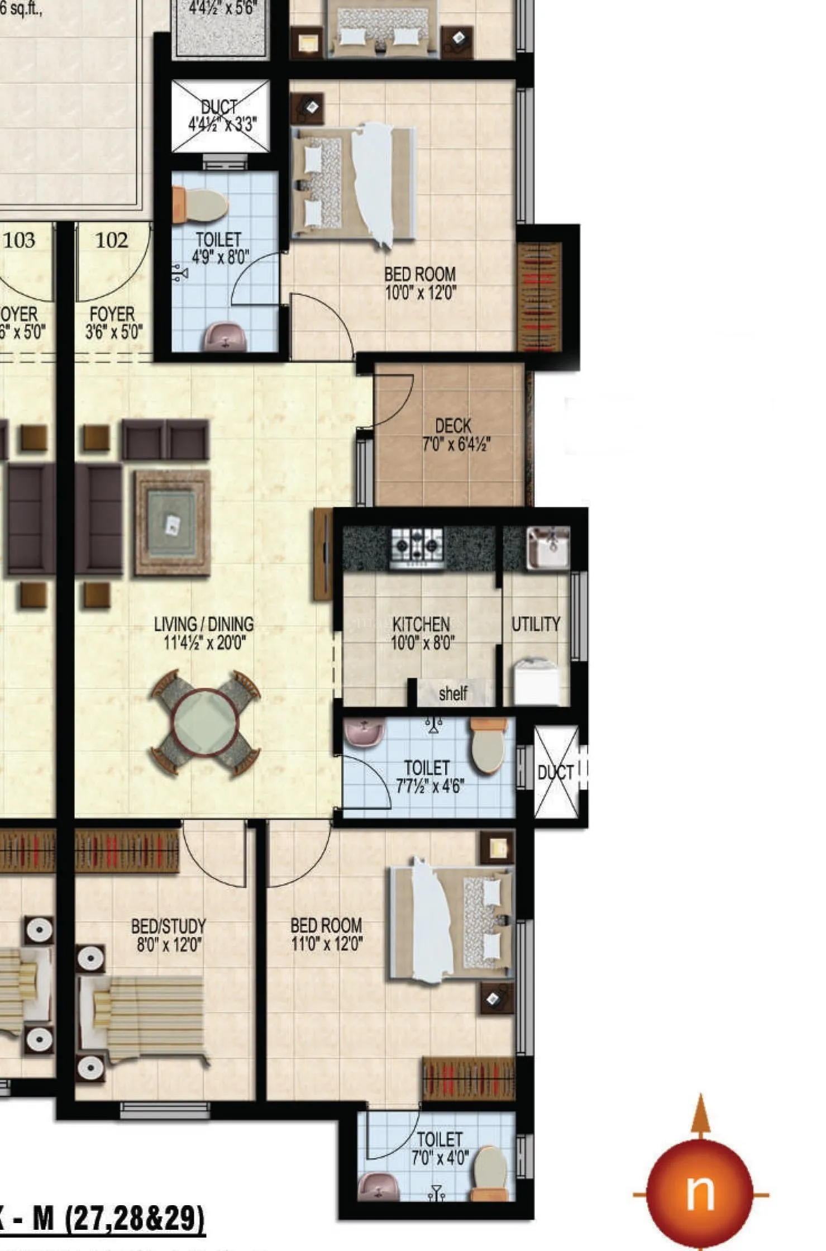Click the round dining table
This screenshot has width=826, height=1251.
(x=205, y=722)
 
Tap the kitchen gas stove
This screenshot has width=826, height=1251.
(x=417, y=547)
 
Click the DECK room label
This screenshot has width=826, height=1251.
(x=453, y=426)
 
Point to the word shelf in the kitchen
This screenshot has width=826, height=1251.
(x=453, y=693)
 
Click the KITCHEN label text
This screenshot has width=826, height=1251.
(x=421, y=624)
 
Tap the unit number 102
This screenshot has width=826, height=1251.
(x=112, y=240)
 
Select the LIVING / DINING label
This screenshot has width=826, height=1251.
(x=204, y=624)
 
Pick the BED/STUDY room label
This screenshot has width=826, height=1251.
(x=168, y=926)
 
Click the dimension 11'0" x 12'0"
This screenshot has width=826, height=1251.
(x=327, y=945)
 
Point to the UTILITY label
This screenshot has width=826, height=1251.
(x=536, y=624)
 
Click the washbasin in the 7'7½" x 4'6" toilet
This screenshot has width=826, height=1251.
(x=364, y=732)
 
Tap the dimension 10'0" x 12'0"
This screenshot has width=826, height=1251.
(x=421, y=292)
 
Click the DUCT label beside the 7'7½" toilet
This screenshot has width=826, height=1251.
(x=556, y=773)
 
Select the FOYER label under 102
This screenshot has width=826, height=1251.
(x=112, y=314)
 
